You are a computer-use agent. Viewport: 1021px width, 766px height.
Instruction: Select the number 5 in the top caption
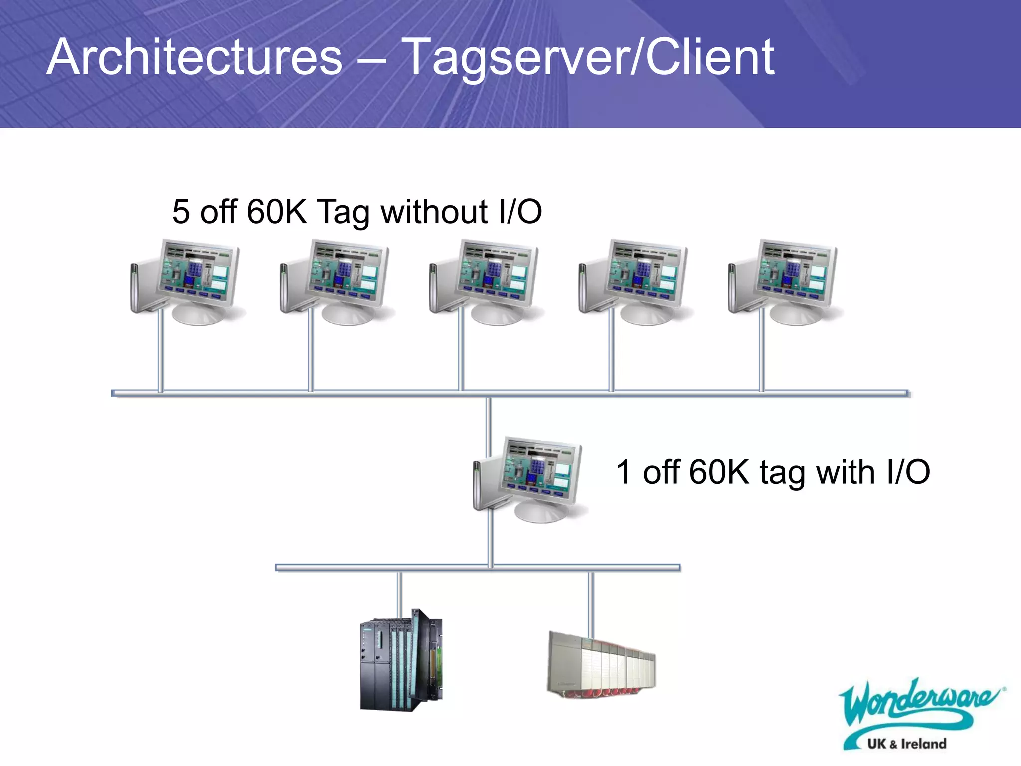pyautogui.click(x=181, y=211)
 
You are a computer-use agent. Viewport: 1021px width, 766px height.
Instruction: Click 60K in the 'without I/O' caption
pyautogui.click(x=277, y=211)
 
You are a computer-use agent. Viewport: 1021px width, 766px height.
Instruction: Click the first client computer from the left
pyautogui.click(x=187, y=282)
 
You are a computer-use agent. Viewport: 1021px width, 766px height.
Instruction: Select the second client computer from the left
pyautogui.click(x=337, y=282)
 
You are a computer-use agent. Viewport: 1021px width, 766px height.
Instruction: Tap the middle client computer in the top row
pyautogui.click(x=486, y=282)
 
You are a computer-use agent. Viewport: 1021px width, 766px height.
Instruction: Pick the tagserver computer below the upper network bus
pyautogui.click(x=529, y=479)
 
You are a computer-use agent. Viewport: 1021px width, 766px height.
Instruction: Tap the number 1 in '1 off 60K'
pyautogui.click(x=624, y=472)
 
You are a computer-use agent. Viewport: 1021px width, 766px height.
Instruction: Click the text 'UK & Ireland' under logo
pyautogui.click(x=906, y=744)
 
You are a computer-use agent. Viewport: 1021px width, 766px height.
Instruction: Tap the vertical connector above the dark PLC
pyautogui.click(x=399, y=593)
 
